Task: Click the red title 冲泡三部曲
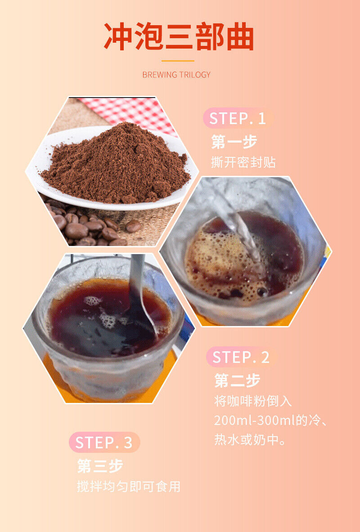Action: pos(179,36)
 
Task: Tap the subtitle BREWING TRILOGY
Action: pos(176,75)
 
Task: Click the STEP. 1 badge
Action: pos(238,118)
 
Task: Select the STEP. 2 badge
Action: pos(241,357)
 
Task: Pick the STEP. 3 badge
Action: pos(104,443)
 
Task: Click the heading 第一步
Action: pos(234,142)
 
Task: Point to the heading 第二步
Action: pos(237,380)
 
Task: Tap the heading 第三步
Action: pos(100,466)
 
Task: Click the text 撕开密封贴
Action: pos(243,162)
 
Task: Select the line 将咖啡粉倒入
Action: pos(253,401)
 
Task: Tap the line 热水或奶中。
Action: pos(250,440)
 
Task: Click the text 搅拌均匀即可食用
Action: pos(129,487)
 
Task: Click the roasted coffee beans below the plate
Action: pos(92,226)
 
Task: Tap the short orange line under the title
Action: pos(178,61)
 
